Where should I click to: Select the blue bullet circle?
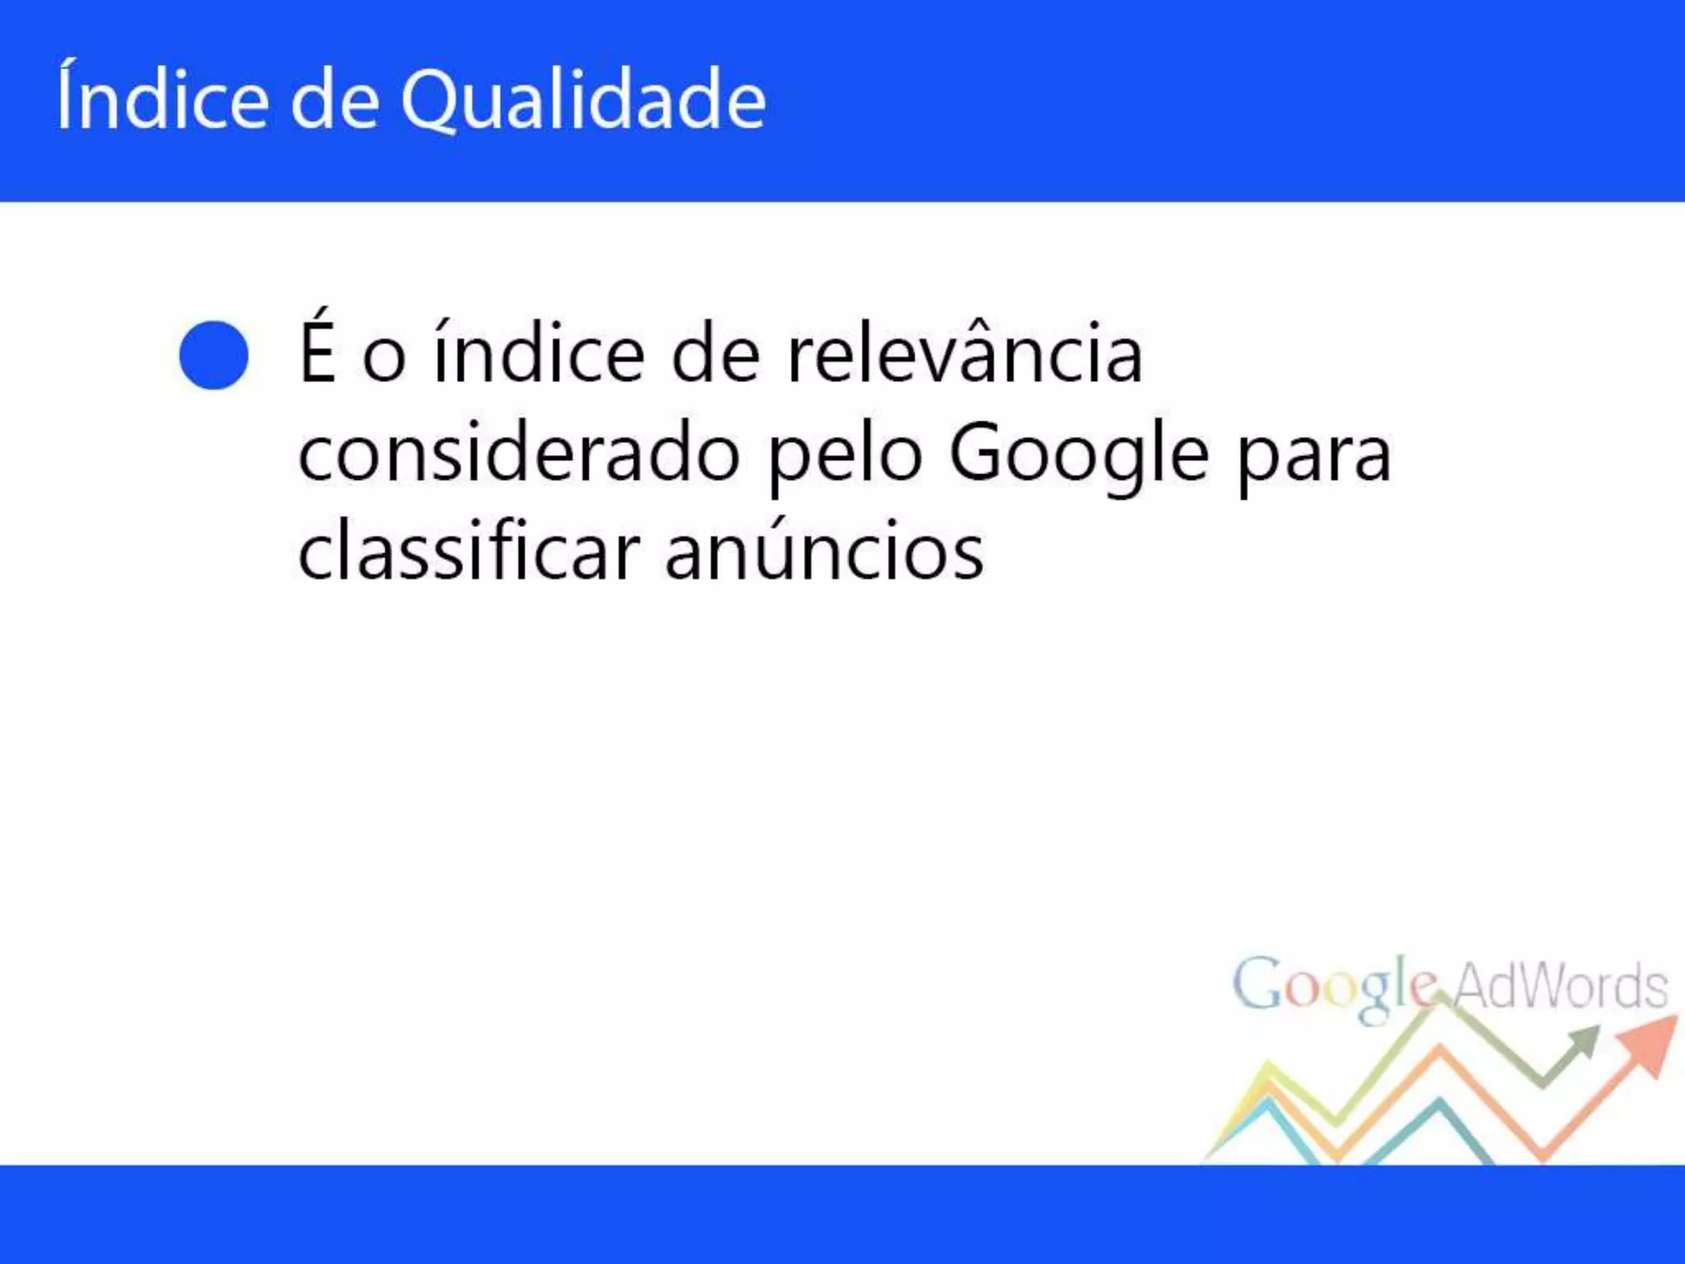coord(214,355)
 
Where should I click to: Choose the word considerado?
coord(518,454)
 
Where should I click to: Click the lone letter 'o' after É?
coord(384,357)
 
